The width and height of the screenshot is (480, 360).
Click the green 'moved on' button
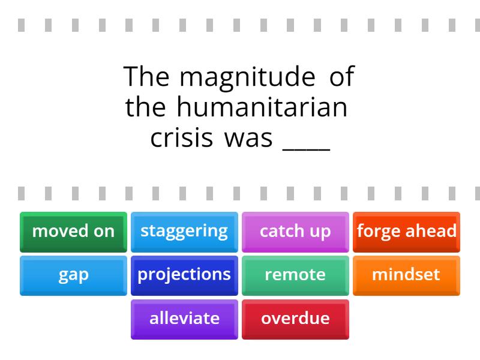73,232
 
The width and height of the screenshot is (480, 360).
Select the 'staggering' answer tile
184,232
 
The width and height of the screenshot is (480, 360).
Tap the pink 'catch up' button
295,232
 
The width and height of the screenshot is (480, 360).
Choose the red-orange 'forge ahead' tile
407,232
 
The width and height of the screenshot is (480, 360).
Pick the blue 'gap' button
73,276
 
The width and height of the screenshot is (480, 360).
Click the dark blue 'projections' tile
184,276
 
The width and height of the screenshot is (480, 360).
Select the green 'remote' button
295,276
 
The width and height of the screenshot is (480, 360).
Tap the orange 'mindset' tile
407,276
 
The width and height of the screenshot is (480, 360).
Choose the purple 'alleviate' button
184,320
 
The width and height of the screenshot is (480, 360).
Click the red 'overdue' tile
295,320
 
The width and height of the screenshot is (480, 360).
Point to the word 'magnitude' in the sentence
247,78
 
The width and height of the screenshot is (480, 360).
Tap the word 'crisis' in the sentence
182,137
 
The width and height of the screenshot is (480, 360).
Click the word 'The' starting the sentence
146,76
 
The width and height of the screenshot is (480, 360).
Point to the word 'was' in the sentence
248,139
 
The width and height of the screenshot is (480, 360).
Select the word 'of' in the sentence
342,76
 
